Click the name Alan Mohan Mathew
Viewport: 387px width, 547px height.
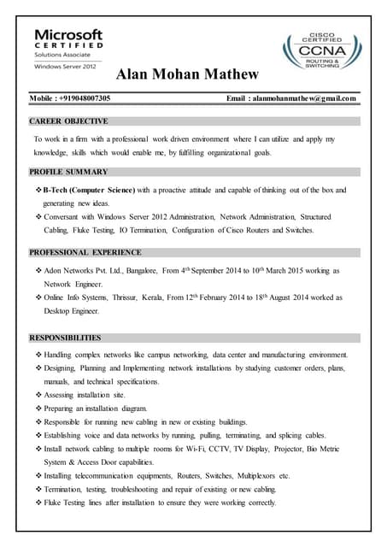pos(187,74)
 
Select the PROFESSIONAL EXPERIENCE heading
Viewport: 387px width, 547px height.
pos(85,252)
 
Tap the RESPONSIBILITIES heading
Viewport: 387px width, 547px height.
pos(65,338)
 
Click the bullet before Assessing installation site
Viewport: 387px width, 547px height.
pos(38,396)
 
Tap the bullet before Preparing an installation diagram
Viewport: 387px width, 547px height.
pos(38,409)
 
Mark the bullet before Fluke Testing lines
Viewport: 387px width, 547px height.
pos(38,503)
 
